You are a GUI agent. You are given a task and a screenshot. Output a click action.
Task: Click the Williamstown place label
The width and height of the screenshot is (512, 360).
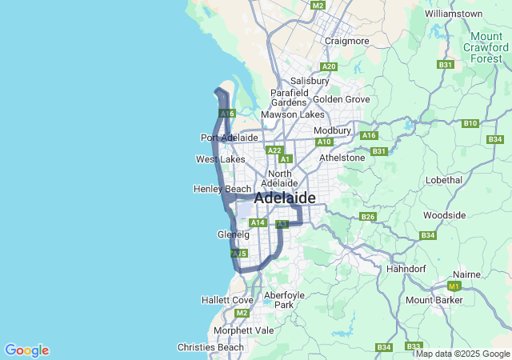[454, 14]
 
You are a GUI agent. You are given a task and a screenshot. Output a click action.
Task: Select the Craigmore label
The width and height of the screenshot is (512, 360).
[346, 41]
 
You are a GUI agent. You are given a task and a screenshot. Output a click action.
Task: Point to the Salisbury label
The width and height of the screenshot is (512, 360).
[310, 81]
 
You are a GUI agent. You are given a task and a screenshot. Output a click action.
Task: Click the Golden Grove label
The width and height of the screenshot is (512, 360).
[342, 99]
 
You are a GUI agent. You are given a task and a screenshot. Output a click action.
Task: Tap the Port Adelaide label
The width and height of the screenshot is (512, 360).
[229, 138]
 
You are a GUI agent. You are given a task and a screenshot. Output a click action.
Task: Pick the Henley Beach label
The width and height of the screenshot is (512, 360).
[222, 189]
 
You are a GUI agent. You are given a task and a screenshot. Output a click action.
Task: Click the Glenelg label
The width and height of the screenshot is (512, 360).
[234, 235]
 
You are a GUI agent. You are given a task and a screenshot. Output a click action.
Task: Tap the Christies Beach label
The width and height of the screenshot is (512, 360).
[210, 347]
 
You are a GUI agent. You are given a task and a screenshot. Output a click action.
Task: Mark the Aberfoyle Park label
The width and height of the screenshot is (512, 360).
[279, 300]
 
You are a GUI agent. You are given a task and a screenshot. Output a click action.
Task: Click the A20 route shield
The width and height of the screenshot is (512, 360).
[328, 66]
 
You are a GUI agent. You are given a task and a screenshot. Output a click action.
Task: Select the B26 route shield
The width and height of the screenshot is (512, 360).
[368, 217]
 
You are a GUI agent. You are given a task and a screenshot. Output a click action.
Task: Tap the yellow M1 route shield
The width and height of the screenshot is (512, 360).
[454, 286]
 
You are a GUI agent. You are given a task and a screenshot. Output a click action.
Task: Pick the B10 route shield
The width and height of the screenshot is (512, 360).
[470, 123]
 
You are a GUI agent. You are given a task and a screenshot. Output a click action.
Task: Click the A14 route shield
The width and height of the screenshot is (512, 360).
[257, 222]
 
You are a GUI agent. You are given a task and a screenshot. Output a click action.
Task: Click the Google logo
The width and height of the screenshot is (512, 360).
[26, 350]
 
